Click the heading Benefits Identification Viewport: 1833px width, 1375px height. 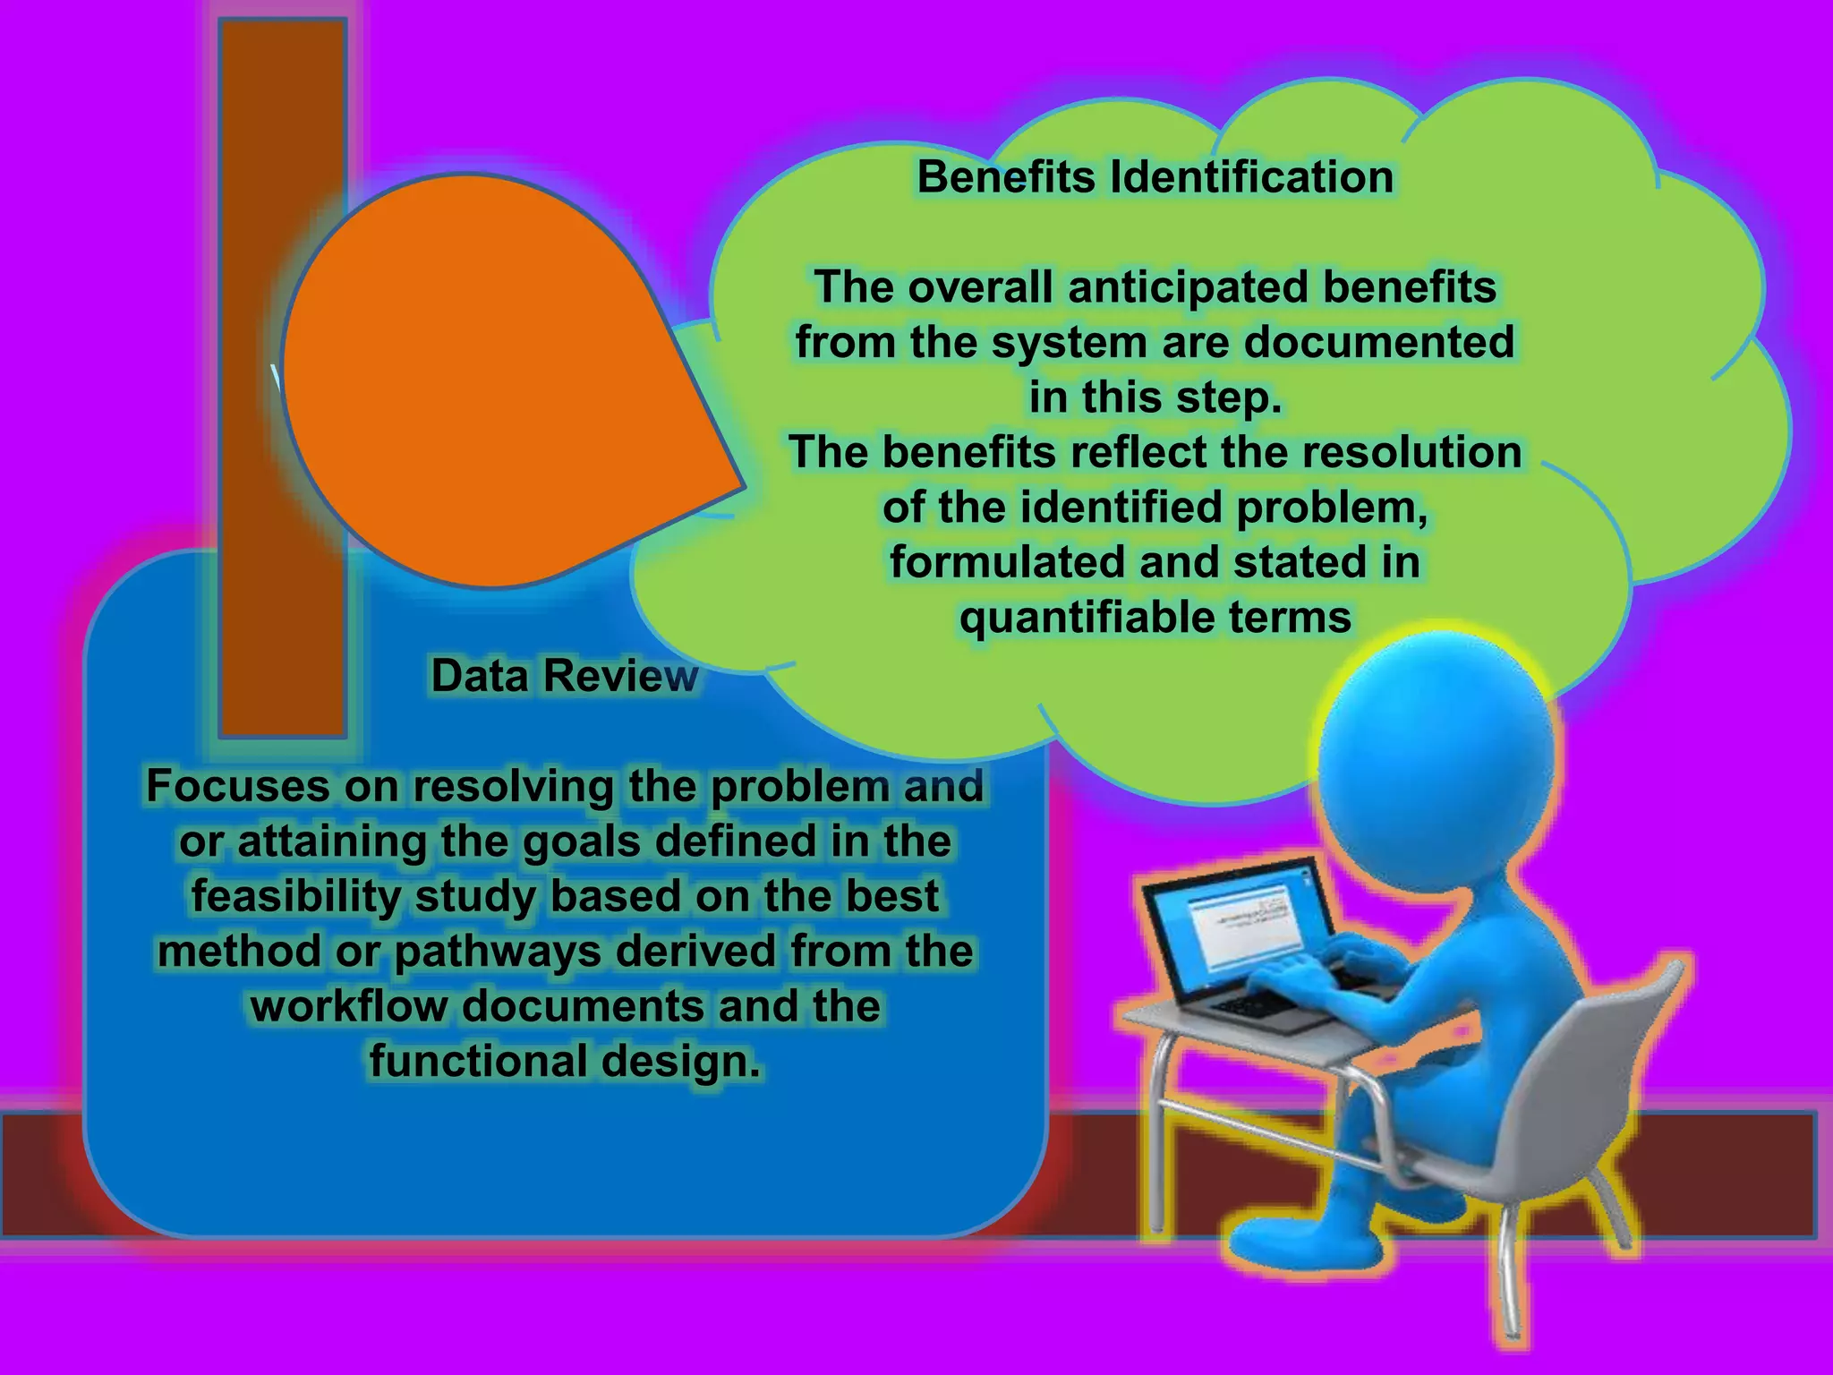(x=1155, y=176)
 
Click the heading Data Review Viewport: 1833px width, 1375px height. (x=564, y=675)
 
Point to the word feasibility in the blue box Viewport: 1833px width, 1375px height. (x=296, y=896)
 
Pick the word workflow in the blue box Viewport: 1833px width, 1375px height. (x=349, y=1006)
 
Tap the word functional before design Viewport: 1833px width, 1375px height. (x=479, y=1062)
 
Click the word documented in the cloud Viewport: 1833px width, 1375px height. (x=1379, y=342)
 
